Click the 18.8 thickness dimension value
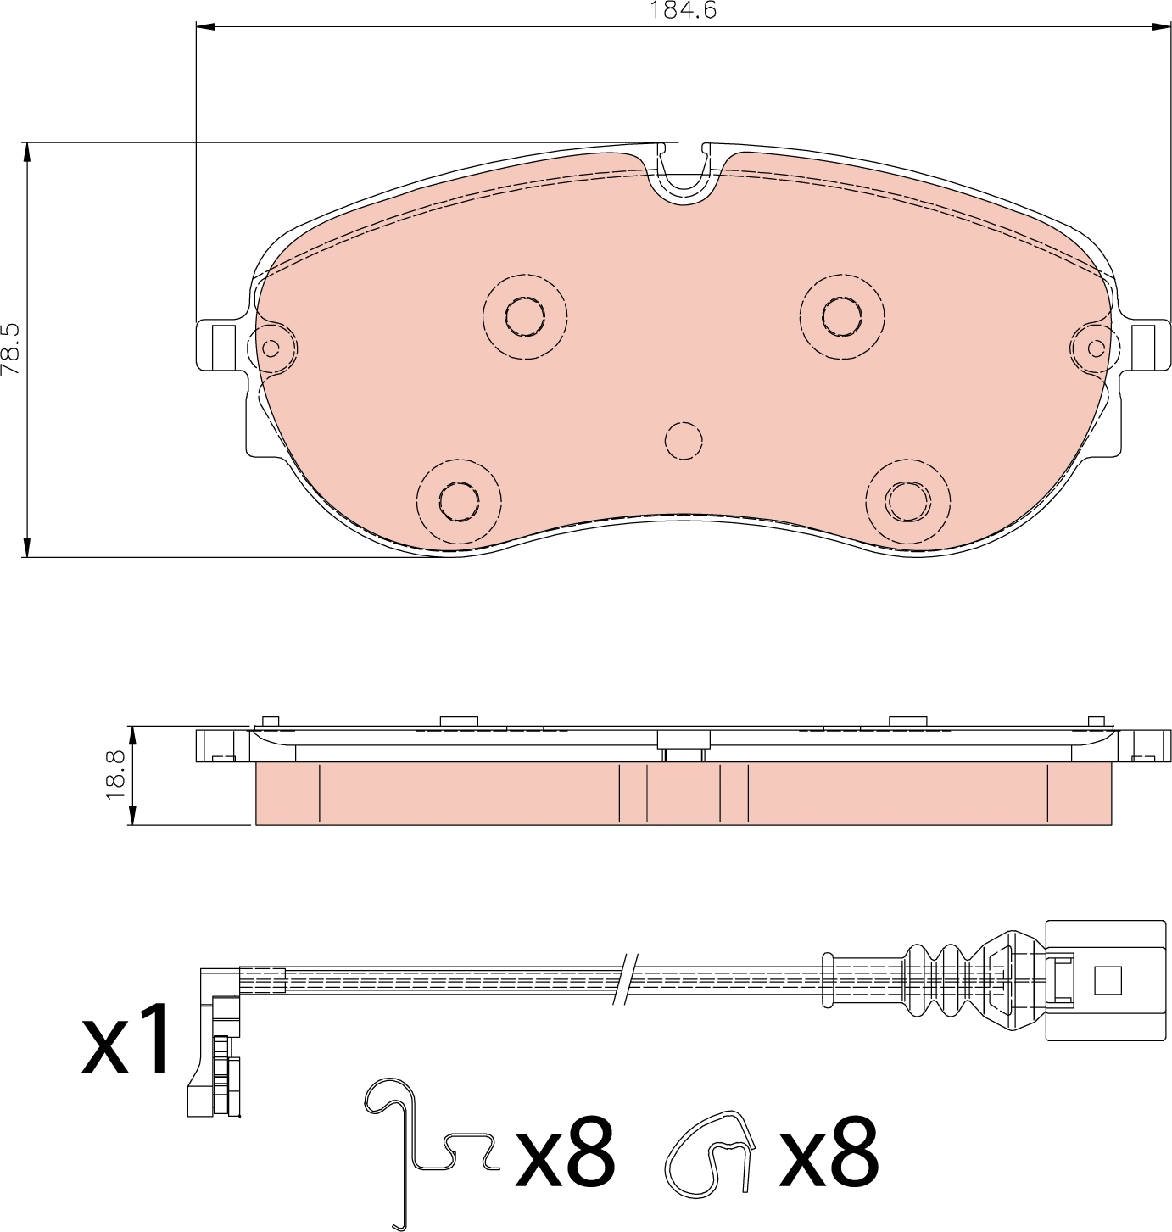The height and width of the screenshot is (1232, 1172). [x=116, y=774]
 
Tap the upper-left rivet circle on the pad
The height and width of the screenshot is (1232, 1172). [x=525, y=316]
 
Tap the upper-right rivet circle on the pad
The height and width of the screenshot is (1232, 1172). [x=842, y=316]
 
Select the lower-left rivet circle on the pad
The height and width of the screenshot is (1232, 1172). [x=460, y=501]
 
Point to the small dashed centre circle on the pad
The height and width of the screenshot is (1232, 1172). [x=684, y=441]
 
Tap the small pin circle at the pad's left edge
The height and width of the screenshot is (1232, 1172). [x=271, y=348]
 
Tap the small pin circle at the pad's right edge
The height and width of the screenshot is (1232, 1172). [x=1096, y=348]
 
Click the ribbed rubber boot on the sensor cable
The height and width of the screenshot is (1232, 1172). [x=941, y=979]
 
